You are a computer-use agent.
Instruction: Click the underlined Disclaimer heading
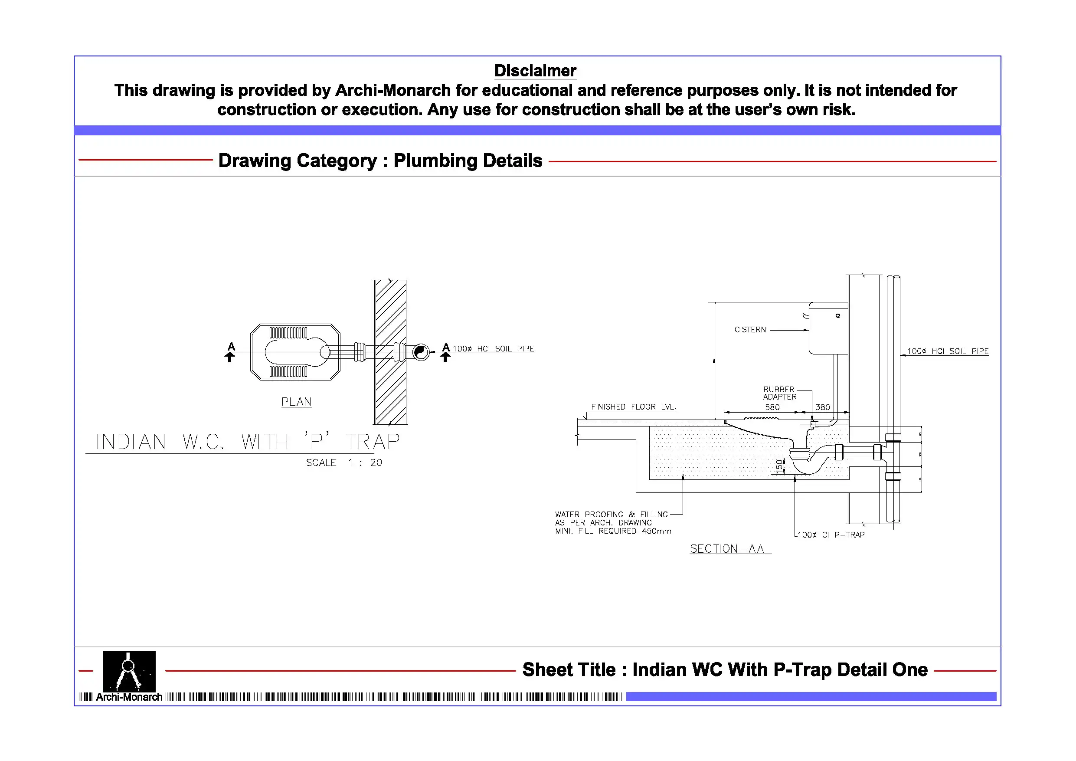[535, 71]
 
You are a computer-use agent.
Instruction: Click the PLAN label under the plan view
[296, 402]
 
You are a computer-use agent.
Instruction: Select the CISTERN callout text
[750, 330]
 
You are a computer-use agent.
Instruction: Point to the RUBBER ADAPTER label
[779, 393]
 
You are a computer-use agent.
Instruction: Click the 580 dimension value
[772, 407]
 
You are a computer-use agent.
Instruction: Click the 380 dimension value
[822, 407]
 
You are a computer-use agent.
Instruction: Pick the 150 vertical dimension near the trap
[779, 466]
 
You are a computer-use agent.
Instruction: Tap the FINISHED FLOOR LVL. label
[633, 407]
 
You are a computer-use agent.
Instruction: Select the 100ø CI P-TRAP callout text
[831, 535]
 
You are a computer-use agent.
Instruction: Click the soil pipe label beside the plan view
[493, 349]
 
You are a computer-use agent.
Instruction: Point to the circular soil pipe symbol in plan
[420, 352]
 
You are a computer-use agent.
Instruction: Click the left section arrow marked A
[230, 353]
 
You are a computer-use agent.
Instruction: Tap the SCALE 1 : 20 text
[344, 463]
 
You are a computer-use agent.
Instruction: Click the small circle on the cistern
[838, 316]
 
